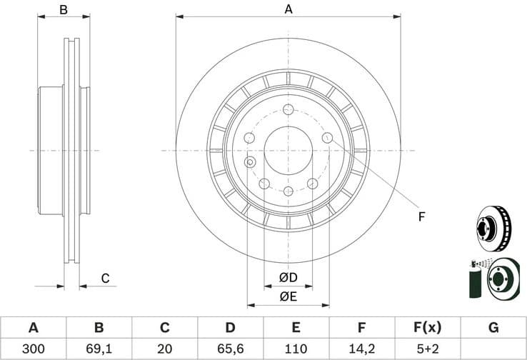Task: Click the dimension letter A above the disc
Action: (x=288, y=9)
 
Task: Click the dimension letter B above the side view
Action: (x=64, y=9)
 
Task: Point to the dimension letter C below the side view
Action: (x=104, y=279)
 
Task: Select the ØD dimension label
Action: (x=288, y=277)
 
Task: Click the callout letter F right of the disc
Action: (x=421, y=216)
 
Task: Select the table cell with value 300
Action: (x=33, y=349)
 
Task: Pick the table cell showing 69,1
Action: (x=99, y=349)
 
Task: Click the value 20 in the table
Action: (x=164, y=349)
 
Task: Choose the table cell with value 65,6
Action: (x=230, y=349)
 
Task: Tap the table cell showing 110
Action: (x=296, y=349)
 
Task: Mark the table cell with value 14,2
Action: (x=361, y=349)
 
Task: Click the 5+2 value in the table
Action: (x=427, y=349)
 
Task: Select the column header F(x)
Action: (x=427, y=328)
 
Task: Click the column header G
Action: (x=493, y=328)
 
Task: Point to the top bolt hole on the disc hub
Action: (x=288, y=109)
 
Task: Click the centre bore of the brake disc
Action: (x=288, y=151)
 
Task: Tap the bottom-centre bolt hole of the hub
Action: (x=288, y=191)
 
